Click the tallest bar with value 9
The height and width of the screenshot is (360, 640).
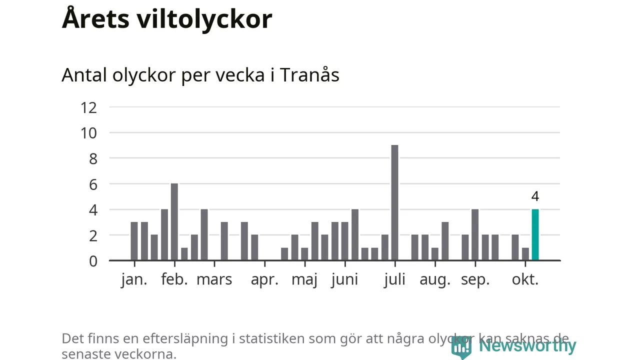[x=394, y=202]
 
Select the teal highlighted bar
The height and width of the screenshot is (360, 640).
[x=535, y=235]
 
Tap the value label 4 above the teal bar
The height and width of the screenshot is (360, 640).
[x=535, y=196]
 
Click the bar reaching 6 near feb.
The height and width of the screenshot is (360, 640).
[x=174, y=222]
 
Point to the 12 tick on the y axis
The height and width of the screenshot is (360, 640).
[x=88, y=107]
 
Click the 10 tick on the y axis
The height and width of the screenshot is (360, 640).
[x=88, y=132]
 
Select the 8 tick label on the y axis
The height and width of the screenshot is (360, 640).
[x=92, y=158]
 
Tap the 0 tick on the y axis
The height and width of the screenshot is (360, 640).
[x=92, y=260]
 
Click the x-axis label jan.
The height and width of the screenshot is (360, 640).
[x=134, y=279]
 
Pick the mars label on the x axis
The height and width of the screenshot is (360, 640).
[x=214, y=279]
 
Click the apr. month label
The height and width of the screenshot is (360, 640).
[x=264, y=279]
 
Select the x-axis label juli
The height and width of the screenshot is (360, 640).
[x=394, y=279]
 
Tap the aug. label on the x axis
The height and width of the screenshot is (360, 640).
[x=435, y=279]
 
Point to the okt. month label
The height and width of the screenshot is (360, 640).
[x=525, y=279]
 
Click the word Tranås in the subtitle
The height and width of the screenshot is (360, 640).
[x=309, y=75]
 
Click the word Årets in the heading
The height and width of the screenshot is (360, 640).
[x=91, y=19]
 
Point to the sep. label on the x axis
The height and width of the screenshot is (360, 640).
[x=475, y=279]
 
